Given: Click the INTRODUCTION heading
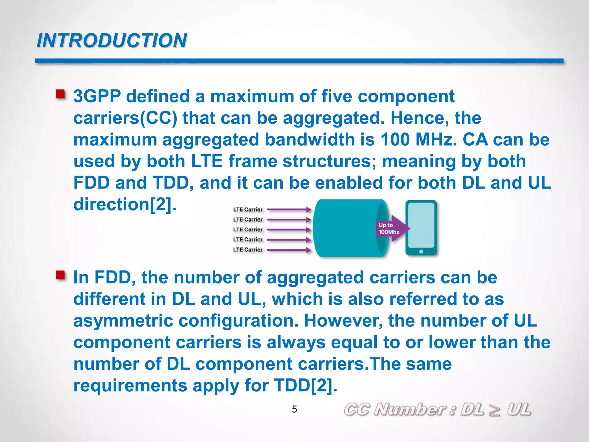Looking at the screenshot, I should pos(112,41).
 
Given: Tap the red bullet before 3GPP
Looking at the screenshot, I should pos(60,94).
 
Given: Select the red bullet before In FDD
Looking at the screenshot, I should pos(60,275).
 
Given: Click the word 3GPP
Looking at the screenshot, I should pos(97,96).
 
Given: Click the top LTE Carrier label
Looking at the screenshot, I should pos(248,209).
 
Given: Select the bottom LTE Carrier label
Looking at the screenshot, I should pos(248,249).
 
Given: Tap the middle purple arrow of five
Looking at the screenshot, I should pos(289,230).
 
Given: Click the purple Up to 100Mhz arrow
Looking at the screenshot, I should pos(391,228).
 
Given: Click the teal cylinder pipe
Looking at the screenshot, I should pos(345,228).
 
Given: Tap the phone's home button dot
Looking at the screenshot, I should pos(421,252).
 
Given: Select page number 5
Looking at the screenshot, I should pos(294,409).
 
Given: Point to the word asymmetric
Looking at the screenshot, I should pos(123,321).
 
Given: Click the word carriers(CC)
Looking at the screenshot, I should pos(125,118).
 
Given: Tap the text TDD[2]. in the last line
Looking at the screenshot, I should pos(305,385).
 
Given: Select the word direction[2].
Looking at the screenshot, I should pos(125,204).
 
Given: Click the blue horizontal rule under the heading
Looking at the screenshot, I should pos(299,61).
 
